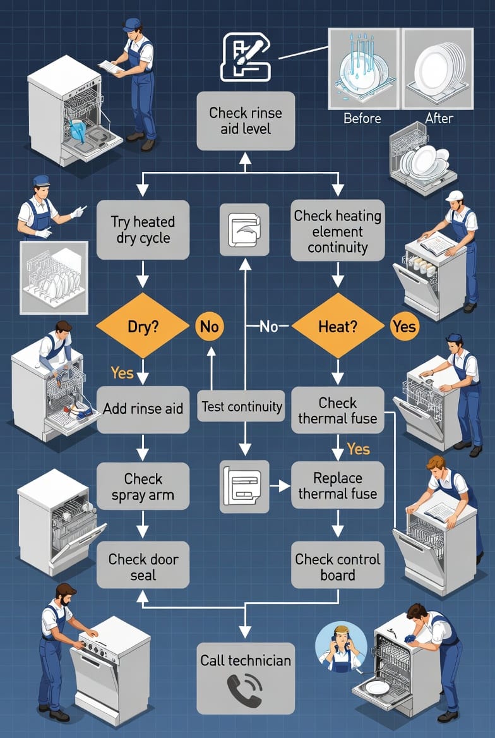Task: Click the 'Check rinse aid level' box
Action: pos(245,121)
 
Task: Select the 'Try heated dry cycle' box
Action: pos(143,230)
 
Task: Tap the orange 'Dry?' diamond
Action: pos(143,326)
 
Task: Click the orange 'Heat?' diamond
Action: pos(337,326)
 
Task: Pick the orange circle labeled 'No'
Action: pos(210,326)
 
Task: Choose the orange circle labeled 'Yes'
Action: pos(404,326)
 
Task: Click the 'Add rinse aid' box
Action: pos(143,409)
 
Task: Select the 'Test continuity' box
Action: pos(241,407)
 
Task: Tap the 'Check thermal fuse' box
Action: pos(337,410)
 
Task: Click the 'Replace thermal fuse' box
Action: pos(337,485)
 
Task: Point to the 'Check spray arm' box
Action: pos(143,486)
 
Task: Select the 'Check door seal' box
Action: pos(143,566)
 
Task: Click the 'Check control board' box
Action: pos(337,566)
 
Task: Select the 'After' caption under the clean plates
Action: pos(439,118)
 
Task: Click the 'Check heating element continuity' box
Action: pos(337,231)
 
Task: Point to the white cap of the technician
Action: pos(454,196)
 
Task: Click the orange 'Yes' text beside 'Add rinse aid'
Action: pos(122,373)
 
